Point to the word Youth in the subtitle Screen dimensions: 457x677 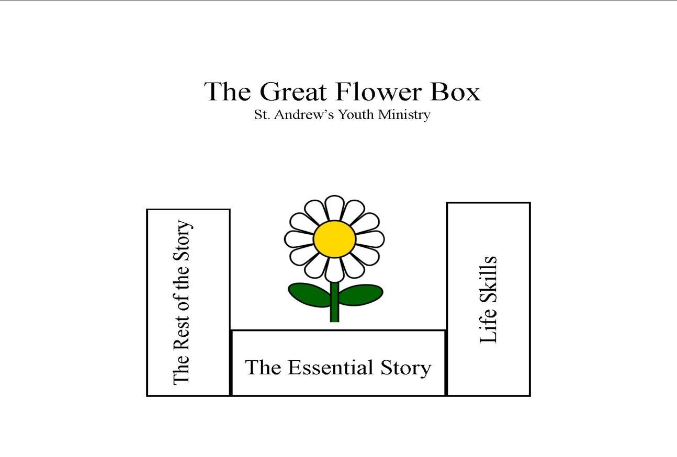point(356,115)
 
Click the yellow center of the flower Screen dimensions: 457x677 point(334,239)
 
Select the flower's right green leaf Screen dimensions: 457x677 point(360,295)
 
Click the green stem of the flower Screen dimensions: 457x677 point(334,306)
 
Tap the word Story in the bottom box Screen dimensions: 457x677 point(405,368)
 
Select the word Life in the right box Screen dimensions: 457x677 point(488,329)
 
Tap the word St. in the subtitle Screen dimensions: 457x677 point(261,115)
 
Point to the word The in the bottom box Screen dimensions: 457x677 point(263,367)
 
